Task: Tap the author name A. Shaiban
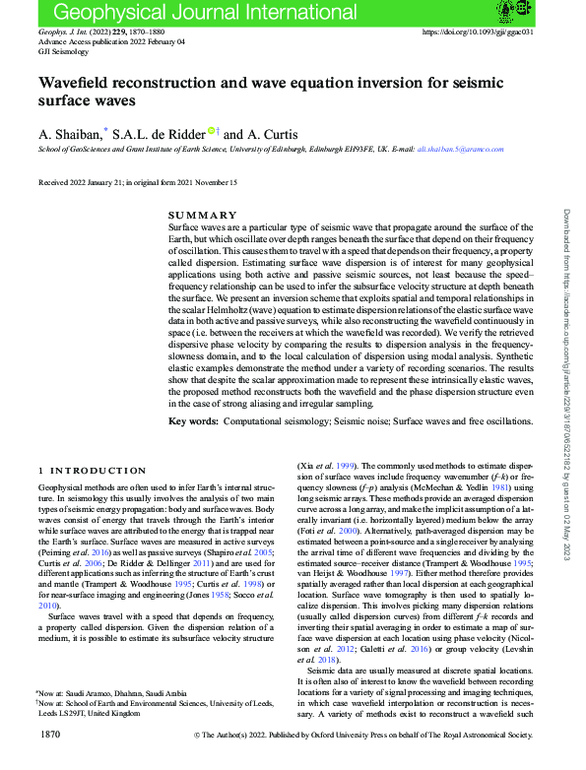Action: (x=68, y=133)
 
